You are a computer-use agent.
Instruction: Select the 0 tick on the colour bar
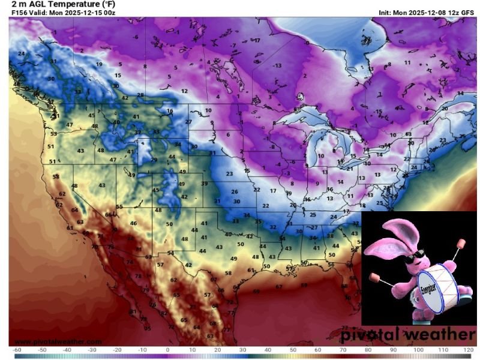[x=167, y=349]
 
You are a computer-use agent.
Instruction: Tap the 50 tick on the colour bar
[x=293, y=349]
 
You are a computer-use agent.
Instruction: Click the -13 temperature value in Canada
[x=277, y=65]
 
